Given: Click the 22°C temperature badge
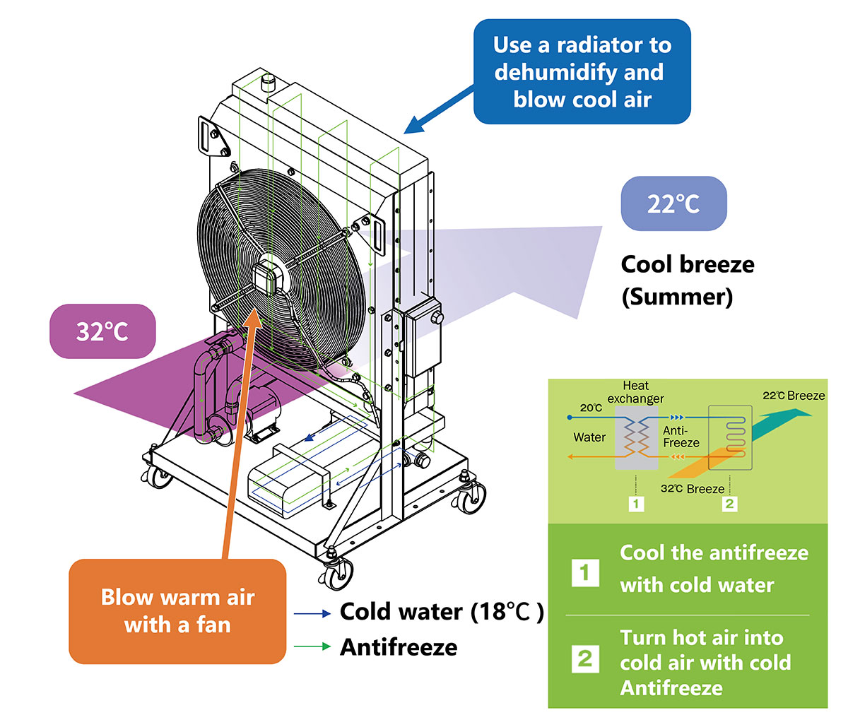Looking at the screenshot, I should [x=673, y=203].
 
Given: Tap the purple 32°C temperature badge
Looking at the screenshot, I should [x=102, y=331].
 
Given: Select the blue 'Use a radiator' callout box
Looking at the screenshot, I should [x=582, y=71].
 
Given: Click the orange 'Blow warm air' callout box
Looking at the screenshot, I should [x=177, y=611].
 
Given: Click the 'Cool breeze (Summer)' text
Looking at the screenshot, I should [x=687, y=280].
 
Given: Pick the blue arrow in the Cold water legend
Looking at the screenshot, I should [x=312, y=614].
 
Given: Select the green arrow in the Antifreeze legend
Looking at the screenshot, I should [x=312, y=646].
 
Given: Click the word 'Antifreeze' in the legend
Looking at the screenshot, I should [x=399, y=646].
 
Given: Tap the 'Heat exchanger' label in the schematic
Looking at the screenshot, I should [x=635, y=392].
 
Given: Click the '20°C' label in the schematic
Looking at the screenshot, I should [x=591, y=408].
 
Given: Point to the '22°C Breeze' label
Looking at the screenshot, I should [x=794, y=396].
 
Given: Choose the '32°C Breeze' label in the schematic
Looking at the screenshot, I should [x=692, y=489].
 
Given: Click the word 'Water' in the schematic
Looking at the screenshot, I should [x=589, y=437].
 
